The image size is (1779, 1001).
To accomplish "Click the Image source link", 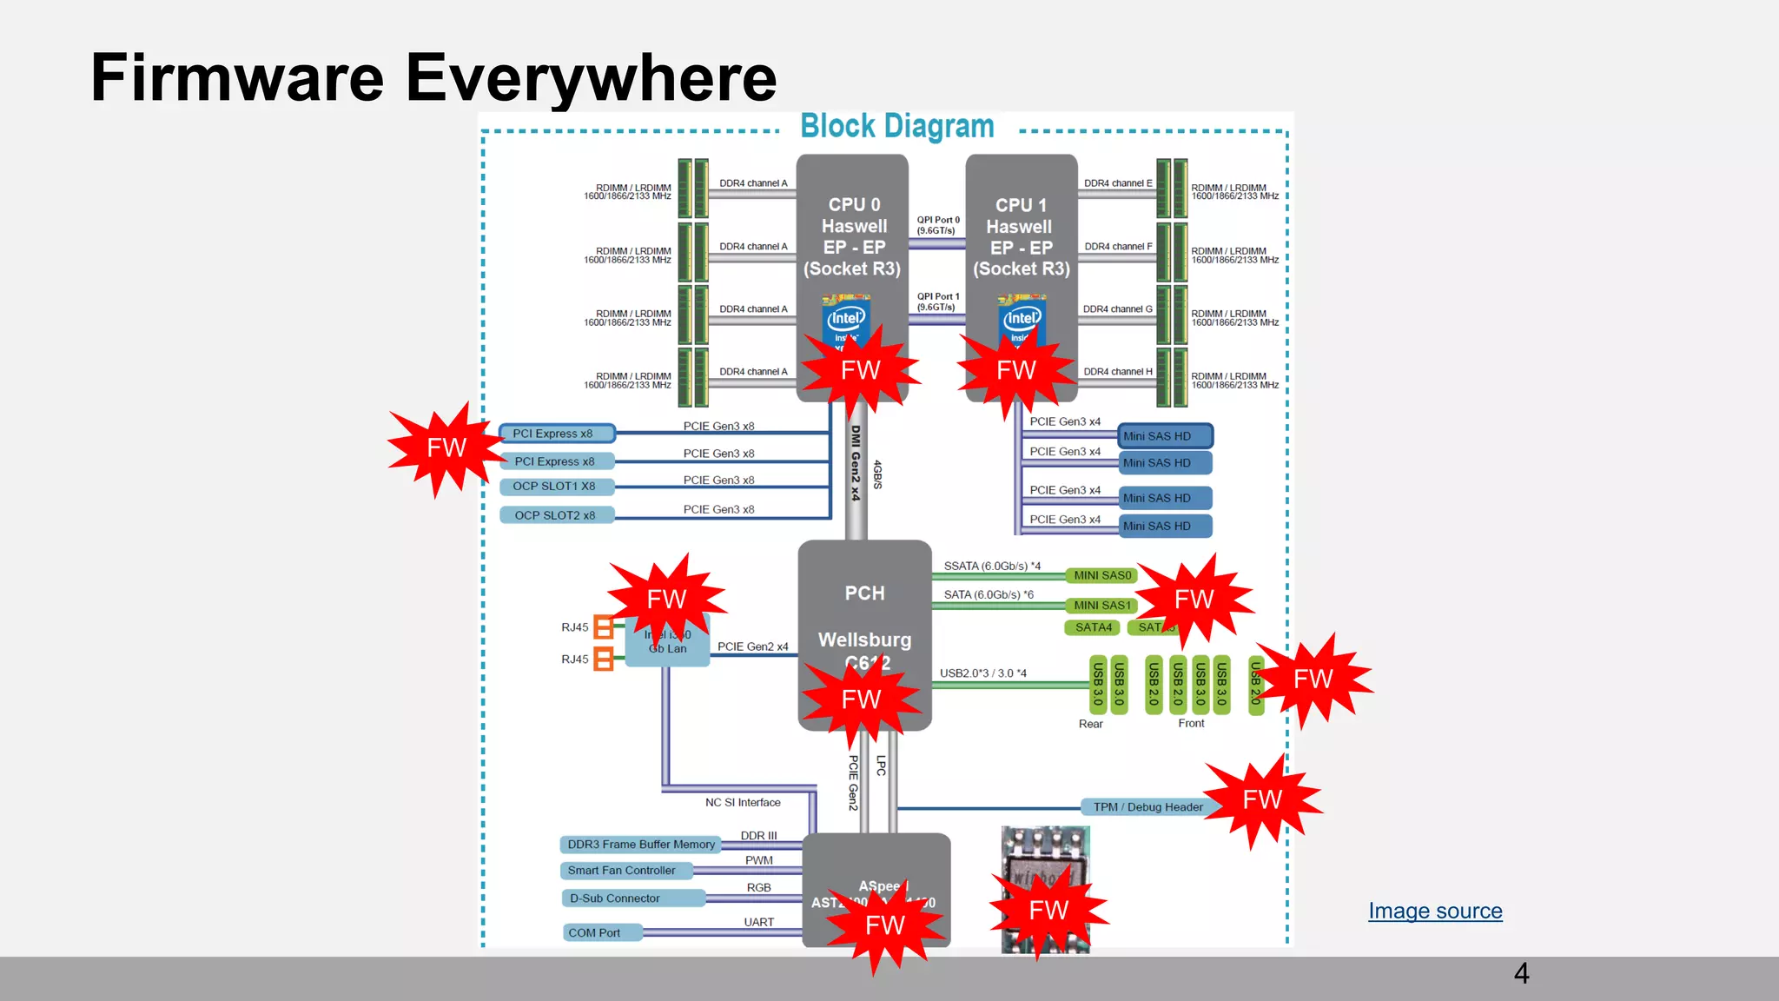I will point(1435,911).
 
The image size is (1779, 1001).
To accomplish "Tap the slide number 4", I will point(1521,973).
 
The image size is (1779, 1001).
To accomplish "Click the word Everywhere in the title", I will point(591,78).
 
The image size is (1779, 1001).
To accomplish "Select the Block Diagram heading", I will point(896,127).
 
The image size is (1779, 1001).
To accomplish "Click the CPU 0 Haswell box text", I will point(853,236).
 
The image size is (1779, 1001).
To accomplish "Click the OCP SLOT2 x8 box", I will point(555,515).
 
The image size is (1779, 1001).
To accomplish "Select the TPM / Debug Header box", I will point(1147,807).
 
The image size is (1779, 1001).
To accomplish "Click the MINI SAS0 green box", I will point(1101,575).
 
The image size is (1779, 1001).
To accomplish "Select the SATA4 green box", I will point(1093,627).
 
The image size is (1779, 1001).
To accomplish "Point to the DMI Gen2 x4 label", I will point(856,462).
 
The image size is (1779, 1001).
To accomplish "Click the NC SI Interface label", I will point(743,803).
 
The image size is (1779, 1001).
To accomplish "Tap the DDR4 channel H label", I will point(1118,372).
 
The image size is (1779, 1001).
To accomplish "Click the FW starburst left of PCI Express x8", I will point(446,448).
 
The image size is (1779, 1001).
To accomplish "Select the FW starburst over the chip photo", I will point(1048,910).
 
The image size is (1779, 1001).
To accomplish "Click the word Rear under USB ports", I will point(1090,724).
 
